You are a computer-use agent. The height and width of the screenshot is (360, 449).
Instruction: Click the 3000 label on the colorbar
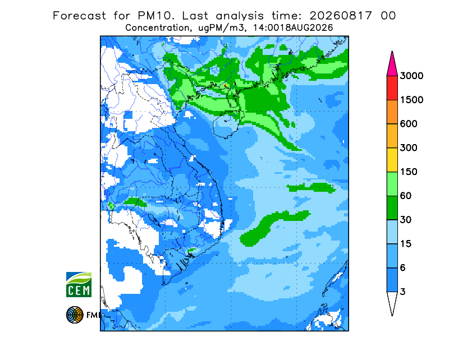pos(411,76)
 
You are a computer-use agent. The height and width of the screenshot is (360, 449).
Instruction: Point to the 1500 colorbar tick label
pos(411,100)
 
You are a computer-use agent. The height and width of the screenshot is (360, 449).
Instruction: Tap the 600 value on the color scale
pos(409,124)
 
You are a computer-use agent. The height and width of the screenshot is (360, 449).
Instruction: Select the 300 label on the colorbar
pos(409,148)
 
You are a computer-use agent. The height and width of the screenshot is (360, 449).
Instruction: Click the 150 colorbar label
pos(409,172)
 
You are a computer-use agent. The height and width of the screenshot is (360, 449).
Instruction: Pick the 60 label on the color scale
pos(405,196)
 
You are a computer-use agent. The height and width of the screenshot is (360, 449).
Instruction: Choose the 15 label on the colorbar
pos(405,244)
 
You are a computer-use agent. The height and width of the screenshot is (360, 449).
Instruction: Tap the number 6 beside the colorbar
pos(402,268)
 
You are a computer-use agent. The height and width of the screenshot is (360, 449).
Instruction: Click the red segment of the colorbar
pos(392,88)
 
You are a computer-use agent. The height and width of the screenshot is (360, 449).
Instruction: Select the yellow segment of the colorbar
pos(392,160)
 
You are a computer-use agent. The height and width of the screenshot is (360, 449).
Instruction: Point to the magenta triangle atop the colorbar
pos(392,65)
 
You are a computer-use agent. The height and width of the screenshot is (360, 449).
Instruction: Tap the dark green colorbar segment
pos(392,208)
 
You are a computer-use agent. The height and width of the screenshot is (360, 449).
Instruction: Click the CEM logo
pos(79,284)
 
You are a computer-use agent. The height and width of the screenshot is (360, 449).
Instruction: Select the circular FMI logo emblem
pos(75,315)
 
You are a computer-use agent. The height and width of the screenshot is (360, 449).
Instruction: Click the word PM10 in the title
pos(155,16)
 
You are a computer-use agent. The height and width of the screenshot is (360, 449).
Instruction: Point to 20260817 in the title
pos(341,16)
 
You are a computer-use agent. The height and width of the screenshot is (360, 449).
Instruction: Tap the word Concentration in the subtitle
pos(157,28)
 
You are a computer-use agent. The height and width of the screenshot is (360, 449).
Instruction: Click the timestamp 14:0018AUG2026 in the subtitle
pos(293,28)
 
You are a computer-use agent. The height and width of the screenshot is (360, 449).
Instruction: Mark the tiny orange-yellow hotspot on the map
pos(226,86)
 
